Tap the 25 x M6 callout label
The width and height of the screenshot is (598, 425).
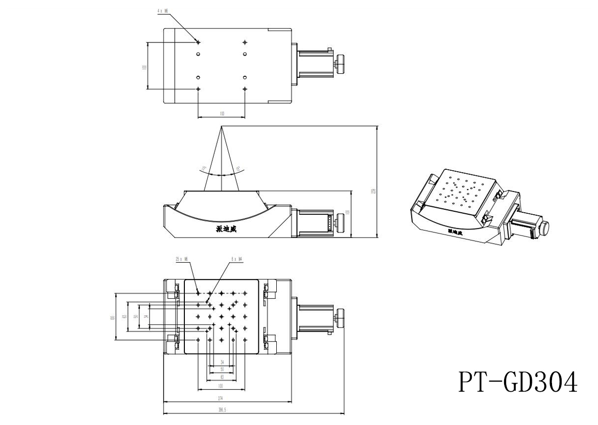click(x=181, y=259)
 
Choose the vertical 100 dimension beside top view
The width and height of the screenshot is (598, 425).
click(x=144, y=66)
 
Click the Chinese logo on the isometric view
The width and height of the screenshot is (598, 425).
click(x=456, y=231)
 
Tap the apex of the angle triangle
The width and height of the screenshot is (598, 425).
click(x=221, y=126)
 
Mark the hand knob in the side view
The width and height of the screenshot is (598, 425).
click(x=340, y=221)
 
